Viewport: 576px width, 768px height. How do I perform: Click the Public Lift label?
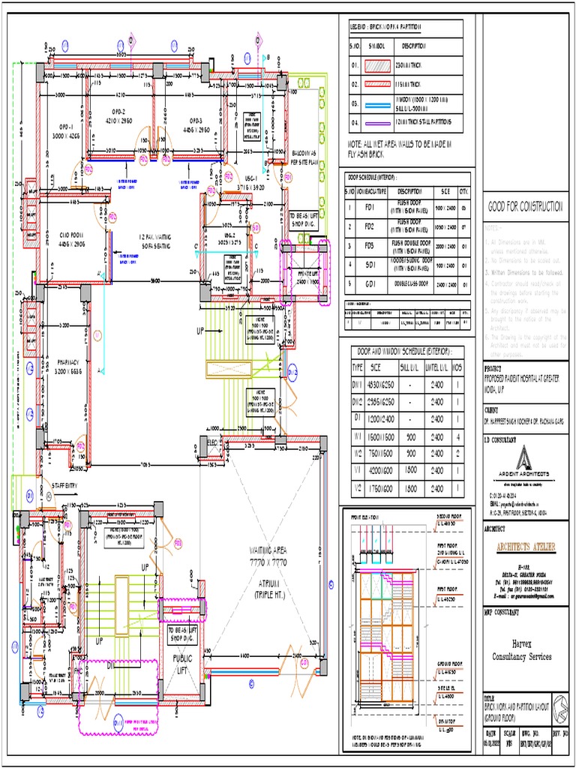183,664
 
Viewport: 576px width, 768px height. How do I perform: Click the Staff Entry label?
61,486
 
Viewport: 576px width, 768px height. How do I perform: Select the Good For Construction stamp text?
525,207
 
